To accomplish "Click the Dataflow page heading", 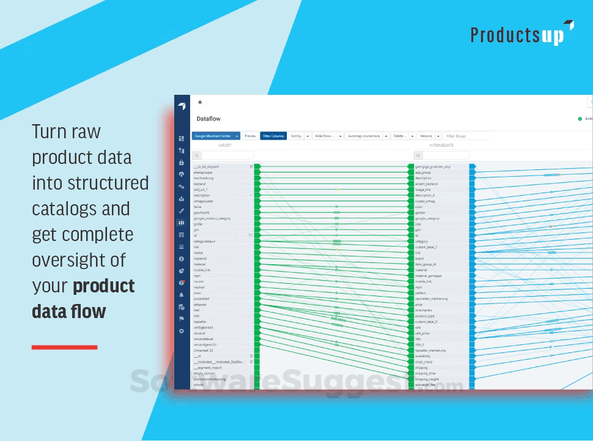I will [208, 119].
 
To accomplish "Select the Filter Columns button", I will [273, 136].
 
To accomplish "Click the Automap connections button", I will [363, 136].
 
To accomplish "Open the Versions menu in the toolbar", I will [426, 136].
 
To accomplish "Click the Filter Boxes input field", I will [465, 136].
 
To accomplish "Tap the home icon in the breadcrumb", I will [199, 103].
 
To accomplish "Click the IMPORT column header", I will [224, 146].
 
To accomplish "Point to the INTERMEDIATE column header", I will [441, 146].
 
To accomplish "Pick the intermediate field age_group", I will [423, 172].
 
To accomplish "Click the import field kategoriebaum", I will [204, 242].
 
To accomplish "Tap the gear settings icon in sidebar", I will [182, 331].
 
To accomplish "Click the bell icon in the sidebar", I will [182, 295].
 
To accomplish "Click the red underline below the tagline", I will [64, 347].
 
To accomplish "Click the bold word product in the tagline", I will [104, 286].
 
